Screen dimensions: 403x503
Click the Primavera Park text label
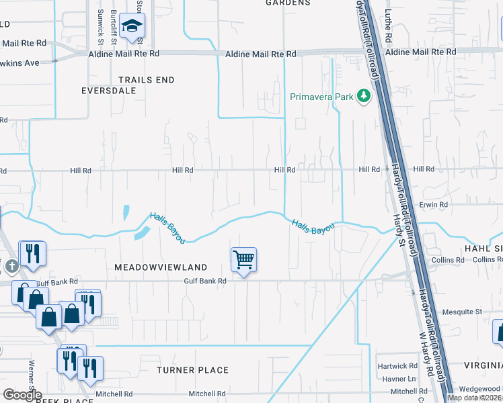coord(321,97)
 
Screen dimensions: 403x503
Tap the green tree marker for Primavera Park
coord(364,97)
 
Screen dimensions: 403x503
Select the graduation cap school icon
coord(133,28)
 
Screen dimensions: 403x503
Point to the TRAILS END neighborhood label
coord(147,80)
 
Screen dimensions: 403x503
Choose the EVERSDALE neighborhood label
coord(109,90)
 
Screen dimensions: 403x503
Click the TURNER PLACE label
coord(192,370)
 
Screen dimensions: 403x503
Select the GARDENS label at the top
coord(287,3)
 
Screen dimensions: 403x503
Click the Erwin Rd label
coord(433,204)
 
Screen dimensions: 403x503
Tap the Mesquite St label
coord(462,312)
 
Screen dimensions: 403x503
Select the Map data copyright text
coord(474,398)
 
